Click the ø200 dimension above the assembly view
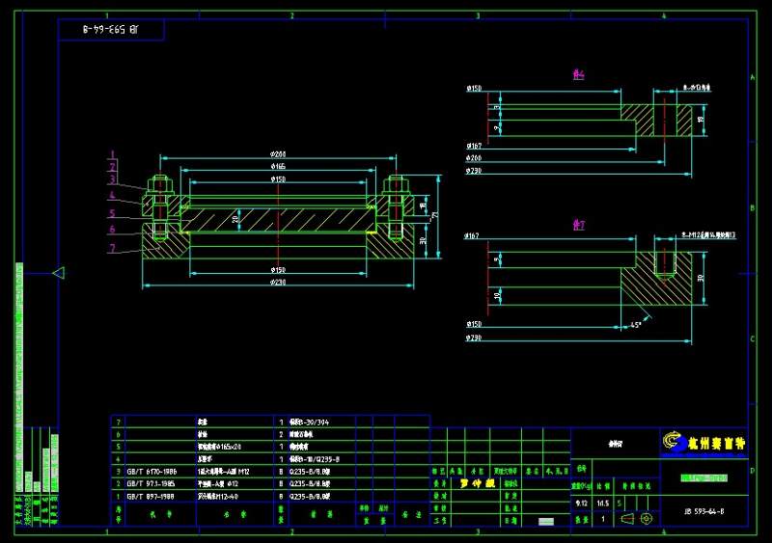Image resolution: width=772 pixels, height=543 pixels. [x=278, y=154]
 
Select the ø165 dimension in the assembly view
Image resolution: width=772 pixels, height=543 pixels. [x=278, y=167]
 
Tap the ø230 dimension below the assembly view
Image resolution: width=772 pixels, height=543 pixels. [x=278, y=282]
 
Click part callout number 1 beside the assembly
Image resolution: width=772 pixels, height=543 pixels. [x=112, y=154]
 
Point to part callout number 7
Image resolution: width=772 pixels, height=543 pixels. [x=112, y=248]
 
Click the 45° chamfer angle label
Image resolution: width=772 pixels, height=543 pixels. [x=636, y=324]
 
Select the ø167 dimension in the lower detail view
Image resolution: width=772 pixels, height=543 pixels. [x=473, y=235]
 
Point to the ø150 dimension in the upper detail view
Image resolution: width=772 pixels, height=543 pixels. [x=474, y=89]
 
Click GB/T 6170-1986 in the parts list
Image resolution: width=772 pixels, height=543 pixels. [x=152, y=471]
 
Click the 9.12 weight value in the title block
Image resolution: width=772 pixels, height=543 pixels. [x=581, y=502]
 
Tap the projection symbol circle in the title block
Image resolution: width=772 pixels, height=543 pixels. [x=647, y=519]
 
